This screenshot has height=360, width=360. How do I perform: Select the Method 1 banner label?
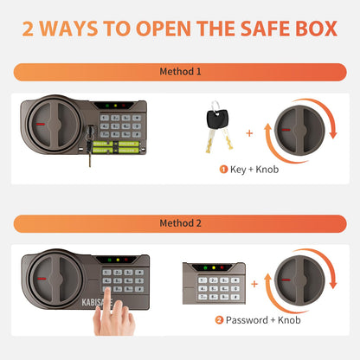tap(179, 72)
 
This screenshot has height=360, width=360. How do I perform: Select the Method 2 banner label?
tap(179, 222)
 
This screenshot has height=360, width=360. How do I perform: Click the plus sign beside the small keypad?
tap(254, 282)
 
